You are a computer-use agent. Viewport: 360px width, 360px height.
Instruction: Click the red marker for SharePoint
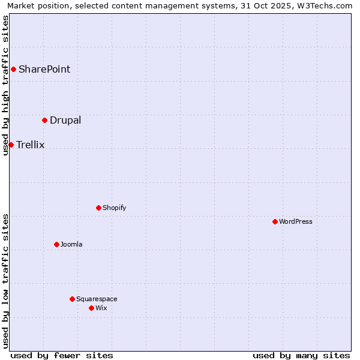[13, 69]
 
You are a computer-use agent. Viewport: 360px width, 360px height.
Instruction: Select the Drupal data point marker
[44, 120]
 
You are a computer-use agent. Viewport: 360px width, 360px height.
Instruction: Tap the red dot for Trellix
[11, 145]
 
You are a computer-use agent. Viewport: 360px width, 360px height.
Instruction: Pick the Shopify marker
[98, 208]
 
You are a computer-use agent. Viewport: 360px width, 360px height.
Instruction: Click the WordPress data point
[275, 221]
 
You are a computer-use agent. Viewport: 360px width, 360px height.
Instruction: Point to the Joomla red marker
[56, 244]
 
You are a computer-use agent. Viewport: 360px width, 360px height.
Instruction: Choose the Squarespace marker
[72, 299]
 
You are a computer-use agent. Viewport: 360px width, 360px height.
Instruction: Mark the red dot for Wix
[91, 308]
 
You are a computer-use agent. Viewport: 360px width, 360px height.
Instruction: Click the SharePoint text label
[44, 69]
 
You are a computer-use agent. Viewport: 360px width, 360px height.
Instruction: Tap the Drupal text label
[65, 120]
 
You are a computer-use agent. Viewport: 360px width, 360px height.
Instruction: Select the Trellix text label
[31, 145]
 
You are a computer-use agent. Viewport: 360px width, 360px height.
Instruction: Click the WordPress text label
[296, 221]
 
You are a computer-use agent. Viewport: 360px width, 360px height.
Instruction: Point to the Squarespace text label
[97, 299]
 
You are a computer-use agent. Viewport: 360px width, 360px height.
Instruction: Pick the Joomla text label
[71, 244]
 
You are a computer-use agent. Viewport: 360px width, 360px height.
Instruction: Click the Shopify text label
[114, 208]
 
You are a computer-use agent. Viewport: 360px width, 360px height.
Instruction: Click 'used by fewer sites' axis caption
[62, 355]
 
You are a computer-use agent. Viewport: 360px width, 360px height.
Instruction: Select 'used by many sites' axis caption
[301, 355]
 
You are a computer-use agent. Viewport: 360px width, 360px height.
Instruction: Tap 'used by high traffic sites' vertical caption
[5, 85]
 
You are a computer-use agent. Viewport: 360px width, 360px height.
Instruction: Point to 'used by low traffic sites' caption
[5, 281]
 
